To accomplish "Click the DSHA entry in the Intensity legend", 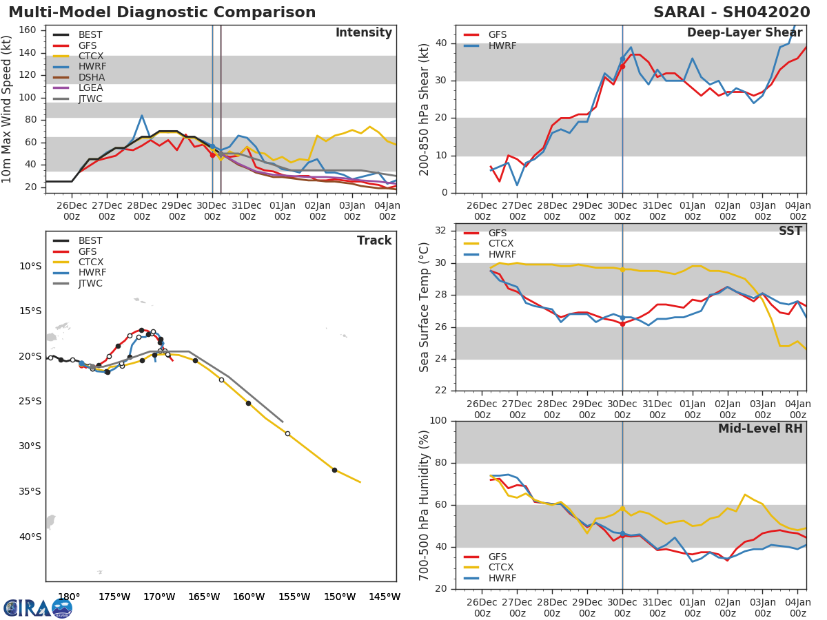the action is click(79, 77).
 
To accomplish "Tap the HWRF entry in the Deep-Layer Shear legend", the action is click(490, 45).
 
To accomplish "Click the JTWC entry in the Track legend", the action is click(77, 283).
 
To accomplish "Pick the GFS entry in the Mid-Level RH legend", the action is click(485, 557).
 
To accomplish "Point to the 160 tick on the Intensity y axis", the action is click(28, 30).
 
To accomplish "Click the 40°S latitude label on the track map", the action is click(30, 537).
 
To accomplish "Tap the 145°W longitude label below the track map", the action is click(385, 597).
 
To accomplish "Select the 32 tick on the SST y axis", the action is click(441, 230).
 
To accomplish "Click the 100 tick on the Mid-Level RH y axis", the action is click(438, 420).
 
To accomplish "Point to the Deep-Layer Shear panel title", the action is click(744, 33).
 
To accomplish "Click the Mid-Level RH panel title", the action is click(760, 428).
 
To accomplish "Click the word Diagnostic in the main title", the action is click(161, 12).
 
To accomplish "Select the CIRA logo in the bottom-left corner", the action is click(38, 608).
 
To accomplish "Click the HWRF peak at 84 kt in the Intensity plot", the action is click(142, 116).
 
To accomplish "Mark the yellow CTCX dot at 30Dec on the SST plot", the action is click(622, 269).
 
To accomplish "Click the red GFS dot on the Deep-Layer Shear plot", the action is click(622, 66).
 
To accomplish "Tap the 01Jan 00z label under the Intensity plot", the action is click(283, 211).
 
